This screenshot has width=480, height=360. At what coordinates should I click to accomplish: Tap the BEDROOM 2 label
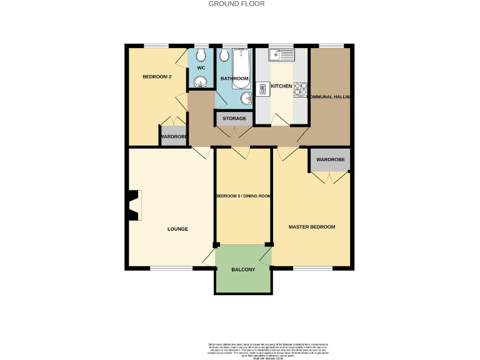coord(157,77)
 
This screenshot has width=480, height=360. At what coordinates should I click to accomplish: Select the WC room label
coord(201,67)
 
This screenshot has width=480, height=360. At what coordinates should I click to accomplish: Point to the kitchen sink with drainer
coord(281,55)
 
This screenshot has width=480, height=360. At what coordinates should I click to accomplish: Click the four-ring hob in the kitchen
coord(300,89)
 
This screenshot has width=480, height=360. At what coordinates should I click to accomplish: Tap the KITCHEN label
coord(281,86)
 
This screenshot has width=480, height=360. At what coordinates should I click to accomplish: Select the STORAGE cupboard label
coord(234,118)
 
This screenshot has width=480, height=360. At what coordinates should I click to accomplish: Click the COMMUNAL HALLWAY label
coord(329,97)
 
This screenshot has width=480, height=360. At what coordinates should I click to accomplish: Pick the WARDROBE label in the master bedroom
coord(330,159)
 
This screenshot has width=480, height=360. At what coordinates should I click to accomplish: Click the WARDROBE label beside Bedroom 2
coord(173,137)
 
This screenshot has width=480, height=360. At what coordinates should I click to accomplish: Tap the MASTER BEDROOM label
coord(311,226)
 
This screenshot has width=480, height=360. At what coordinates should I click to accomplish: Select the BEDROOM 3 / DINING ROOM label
coord(242,196)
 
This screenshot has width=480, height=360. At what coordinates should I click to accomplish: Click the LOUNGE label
coord(177,229)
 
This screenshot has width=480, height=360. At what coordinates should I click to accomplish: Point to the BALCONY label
coord(243,269)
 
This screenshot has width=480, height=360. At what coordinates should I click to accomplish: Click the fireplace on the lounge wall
coord(132,206)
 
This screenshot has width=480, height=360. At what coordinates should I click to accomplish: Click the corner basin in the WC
coord(201,82)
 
